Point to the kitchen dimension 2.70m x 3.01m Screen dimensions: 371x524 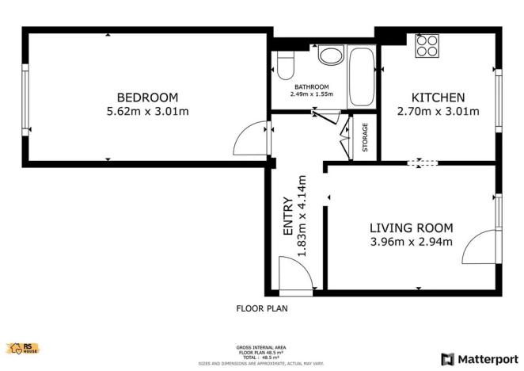coord(438,111)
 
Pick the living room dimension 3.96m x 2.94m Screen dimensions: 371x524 coord(411,242)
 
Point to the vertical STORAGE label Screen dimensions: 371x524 coord(365,137)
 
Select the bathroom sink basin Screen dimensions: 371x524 coord(330,55)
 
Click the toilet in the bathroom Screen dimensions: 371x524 coord(284,65)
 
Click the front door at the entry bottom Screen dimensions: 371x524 coord(298,273)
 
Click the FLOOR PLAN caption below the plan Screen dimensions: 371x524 coord(262,308)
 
